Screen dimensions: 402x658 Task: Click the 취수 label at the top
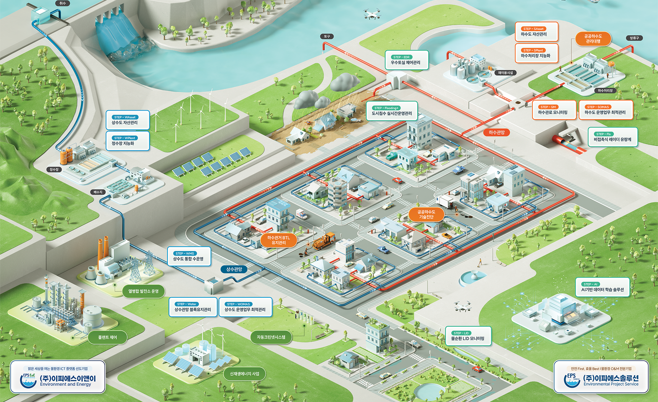pyautogui.click(x=62, y=3)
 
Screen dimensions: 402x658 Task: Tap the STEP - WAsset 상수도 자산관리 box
pyautogui.click(x=128, y=120)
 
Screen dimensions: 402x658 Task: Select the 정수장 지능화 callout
pyautogui.click(x=128, y=141)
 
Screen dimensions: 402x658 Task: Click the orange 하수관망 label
pyautogui.click(x=496, y=132)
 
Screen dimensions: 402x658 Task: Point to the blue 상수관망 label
pyautogui.click(x=234, y=269)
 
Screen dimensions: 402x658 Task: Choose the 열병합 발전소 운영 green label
pyautogui.click(x=143, y=291)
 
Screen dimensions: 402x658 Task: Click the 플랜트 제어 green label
pyautogui.click(x=107, y=337)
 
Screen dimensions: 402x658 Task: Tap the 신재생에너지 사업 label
pyautogui.click(x=244, y=374)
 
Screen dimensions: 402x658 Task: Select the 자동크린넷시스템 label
pyautogui.click(x=271, y=337)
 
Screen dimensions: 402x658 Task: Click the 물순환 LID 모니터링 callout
pyautogui.click(x=468, y=336)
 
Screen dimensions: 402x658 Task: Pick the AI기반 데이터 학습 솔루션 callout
pyautogui.click(x=602, y=287)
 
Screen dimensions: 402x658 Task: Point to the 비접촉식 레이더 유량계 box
pyautogui.click(x=612, y=137)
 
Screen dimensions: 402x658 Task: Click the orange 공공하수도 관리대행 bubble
pyautogui.click(x=593, y=39)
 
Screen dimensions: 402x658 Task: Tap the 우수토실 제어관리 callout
pyautogui.click(x=406, y=60)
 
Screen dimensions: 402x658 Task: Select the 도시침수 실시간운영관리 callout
pyautogui.click(x=392, y=111)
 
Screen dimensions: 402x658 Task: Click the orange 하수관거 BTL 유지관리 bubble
pyautogui.click(x=278, y=240)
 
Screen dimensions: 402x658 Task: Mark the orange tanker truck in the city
pyautogui.click(x=324, y=241)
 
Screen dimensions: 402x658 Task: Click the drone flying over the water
pyautogui.click(x=372, y=15)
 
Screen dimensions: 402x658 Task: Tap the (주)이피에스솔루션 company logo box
pyautogui.click(x=601, y=377)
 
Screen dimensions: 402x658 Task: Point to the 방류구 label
pyautogui.click(x=634, y=38)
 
